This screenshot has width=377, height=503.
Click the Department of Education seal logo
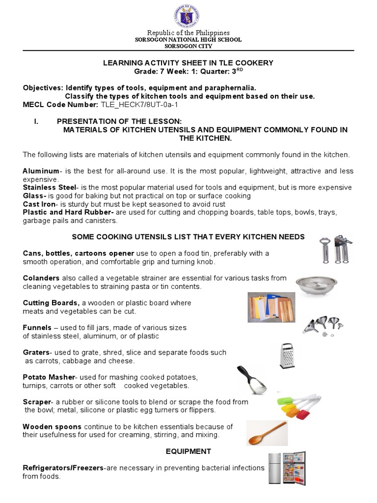[189, 15]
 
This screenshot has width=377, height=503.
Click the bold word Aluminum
[41, 171]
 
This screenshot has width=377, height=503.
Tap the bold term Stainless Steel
[50, 188]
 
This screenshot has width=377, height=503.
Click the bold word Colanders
[41, 278]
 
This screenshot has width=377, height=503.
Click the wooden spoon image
[267, 433]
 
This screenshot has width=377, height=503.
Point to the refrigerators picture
[287, 468]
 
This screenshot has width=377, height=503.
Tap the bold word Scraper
[37, 402]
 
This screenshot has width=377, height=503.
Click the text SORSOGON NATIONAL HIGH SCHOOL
[188, 40]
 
